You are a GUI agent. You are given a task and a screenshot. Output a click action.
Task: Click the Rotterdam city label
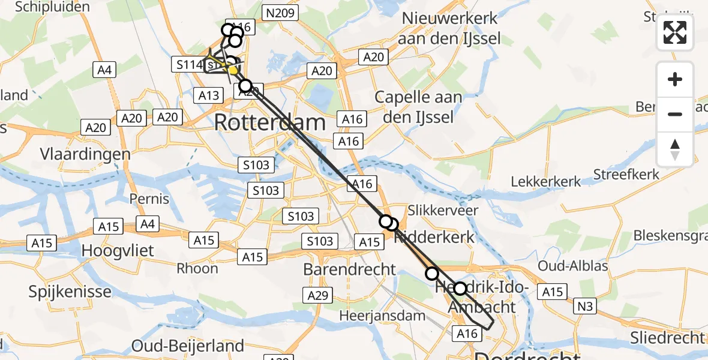[269, 123]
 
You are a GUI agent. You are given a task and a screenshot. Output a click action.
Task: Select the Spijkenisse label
[70, 292]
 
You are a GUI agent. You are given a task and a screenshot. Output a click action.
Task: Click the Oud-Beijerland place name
[188, 346]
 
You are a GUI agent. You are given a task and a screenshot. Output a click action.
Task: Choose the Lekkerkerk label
[546, 181]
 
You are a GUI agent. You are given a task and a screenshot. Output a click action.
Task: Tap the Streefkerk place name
[626, 175]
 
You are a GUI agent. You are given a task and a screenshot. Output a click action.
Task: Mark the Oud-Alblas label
[574, 266]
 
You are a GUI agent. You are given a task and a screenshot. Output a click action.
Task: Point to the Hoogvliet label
[118, 250]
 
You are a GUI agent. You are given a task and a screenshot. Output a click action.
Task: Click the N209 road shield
[278, 12]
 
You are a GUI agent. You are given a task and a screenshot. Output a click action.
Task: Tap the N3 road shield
[586, 307]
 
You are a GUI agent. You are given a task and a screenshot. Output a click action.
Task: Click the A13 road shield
[208, 95]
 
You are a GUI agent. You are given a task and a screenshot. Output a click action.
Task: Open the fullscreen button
[675, 32]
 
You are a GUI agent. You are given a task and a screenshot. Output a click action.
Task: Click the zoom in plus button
[675, 79]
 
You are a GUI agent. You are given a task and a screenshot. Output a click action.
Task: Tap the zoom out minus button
[675, 114]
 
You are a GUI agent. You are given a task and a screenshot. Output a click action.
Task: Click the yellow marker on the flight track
[232, 70]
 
